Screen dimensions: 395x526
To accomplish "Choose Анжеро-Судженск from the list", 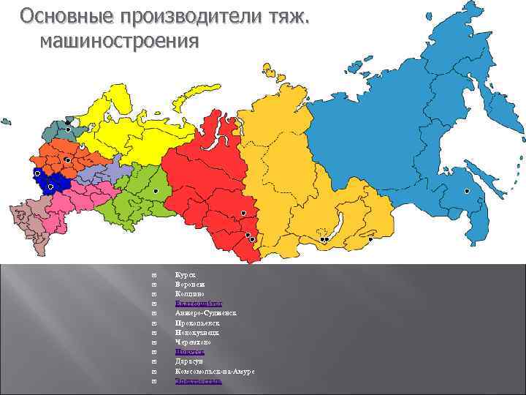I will coord(206,312).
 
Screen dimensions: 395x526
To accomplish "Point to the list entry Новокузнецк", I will coord(197,332).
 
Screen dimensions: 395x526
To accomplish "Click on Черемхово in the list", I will coord(194,342).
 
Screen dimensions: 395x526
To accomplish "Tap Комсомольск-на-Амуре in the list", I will coord(215,372).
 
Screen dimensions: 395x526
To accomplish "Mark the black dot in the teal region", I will coord(68,129).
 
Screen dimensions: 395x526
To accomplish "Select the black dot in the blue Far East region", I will coord(467,190).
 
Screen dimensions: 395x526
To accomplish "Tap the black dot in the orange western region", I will coord(67,159).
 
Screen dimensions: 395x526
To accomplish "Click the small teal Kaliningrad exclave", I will coord(7,122).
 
